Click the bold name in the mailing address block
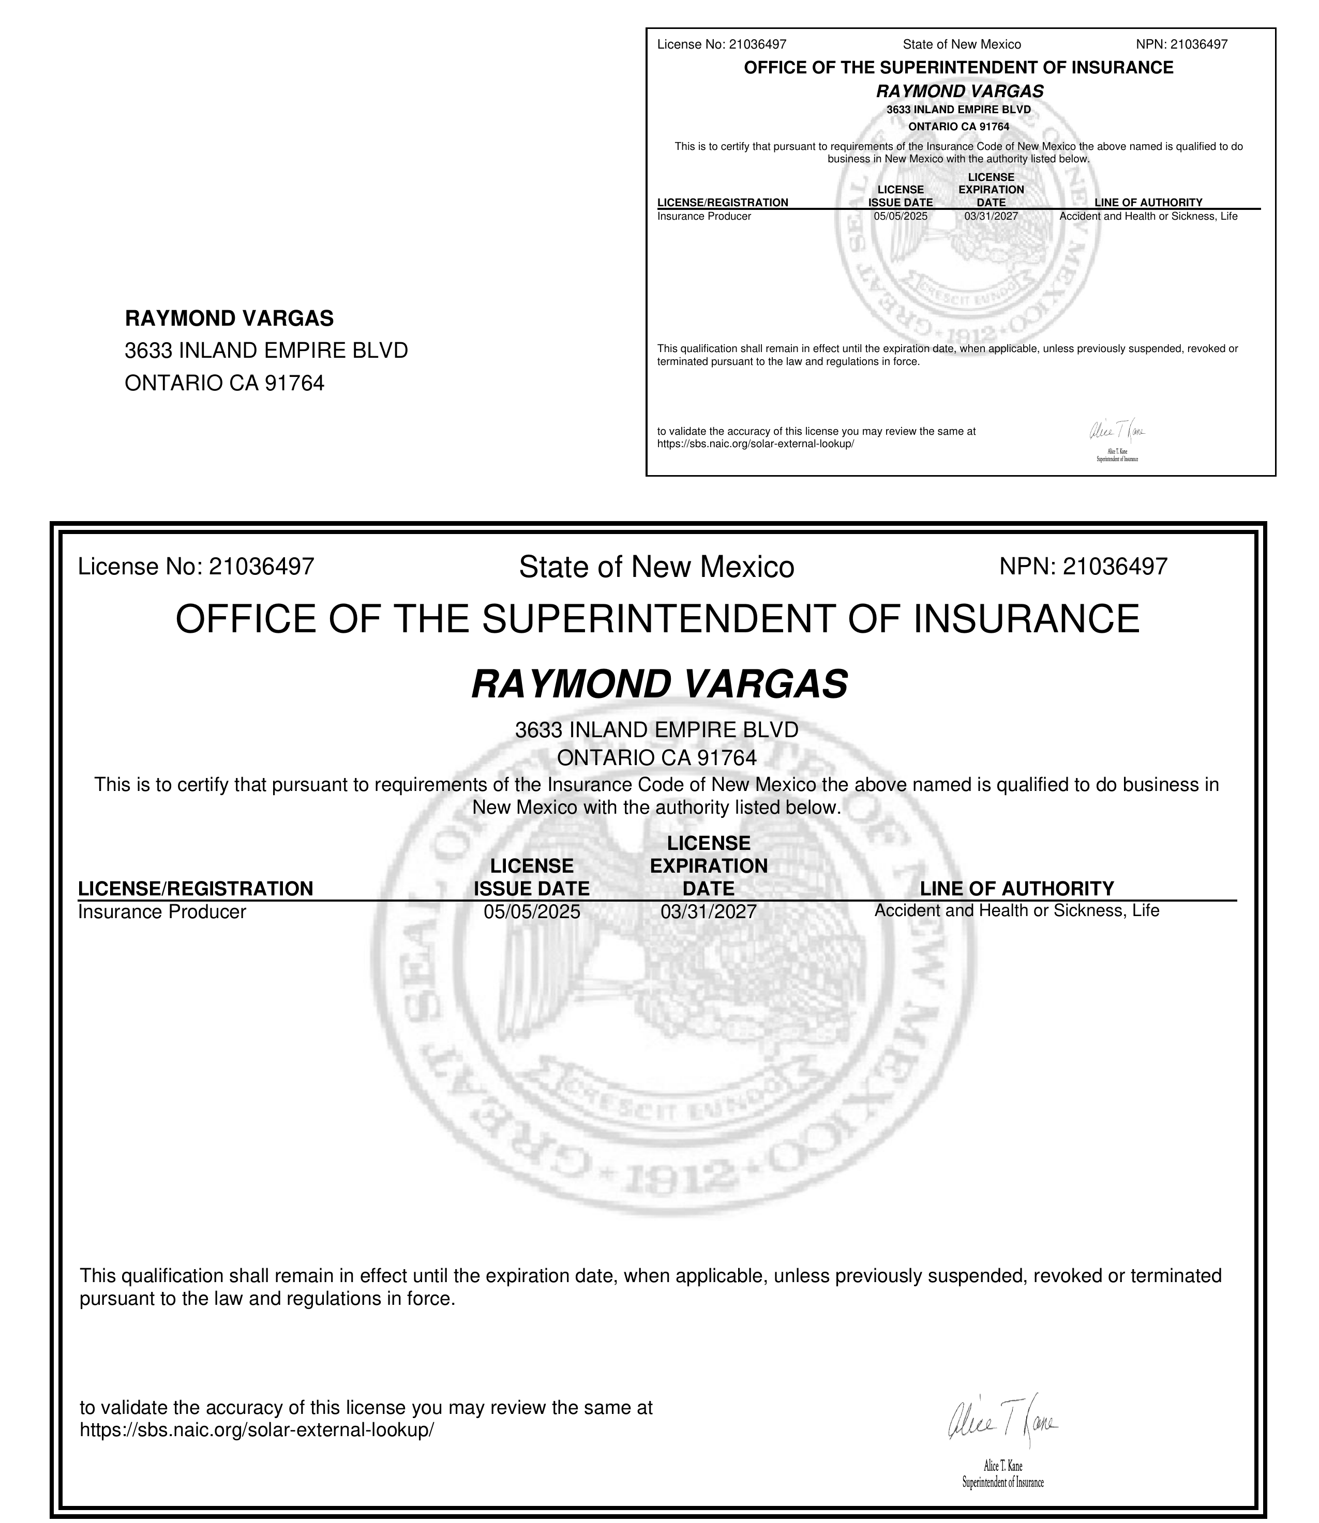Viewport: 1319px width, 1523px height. tap(229, 318)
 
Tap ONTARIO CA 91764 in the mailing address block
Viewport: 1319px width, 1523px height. tap(224, 383)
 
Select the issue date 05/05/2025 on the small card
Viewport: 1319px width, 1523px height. tap(900, 216)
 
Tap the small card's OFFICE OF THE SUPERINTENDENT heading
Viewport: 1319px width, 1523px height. tap(958, 68)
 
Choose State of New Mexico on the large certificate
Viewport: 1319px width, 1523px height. tap(656, 567)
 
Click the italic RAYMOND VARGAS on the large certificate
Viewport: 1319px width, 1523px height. tap(659, 684)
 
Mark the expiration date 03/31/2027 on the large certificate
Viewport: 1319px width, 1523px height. tap(708, 911)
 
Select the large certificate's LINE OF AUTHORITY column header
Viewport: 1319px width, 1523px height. tap(1016, 888)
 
